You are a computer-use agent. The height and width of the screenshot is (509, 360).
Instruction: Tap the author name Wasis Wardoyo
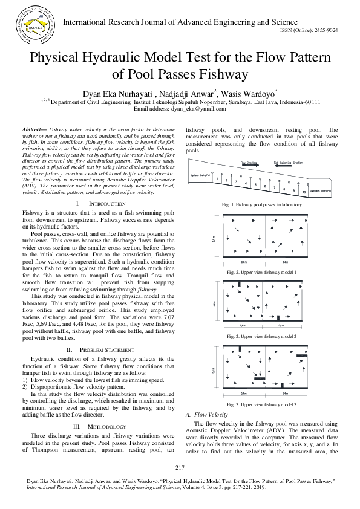click(250, 94)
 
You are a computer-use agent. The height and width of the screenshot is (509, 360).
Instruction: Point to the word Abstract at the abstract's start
click(35, 130)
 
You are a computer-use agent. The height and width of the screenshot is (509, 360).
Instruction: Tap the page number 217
click(180, 468)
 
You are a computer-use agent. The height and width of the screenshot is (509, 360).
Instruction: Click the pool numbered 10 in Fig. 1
click(303, 192)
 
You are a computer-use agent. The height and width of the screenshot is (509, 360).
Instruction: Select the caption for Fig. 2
click(261, 273)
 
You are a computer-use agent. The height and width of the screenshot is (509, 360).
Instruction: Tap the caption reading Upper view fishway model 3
click(261, 404)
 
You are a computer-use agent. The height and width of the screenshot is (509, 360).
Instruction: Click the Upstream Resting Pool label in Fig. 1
click(200, 175)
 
